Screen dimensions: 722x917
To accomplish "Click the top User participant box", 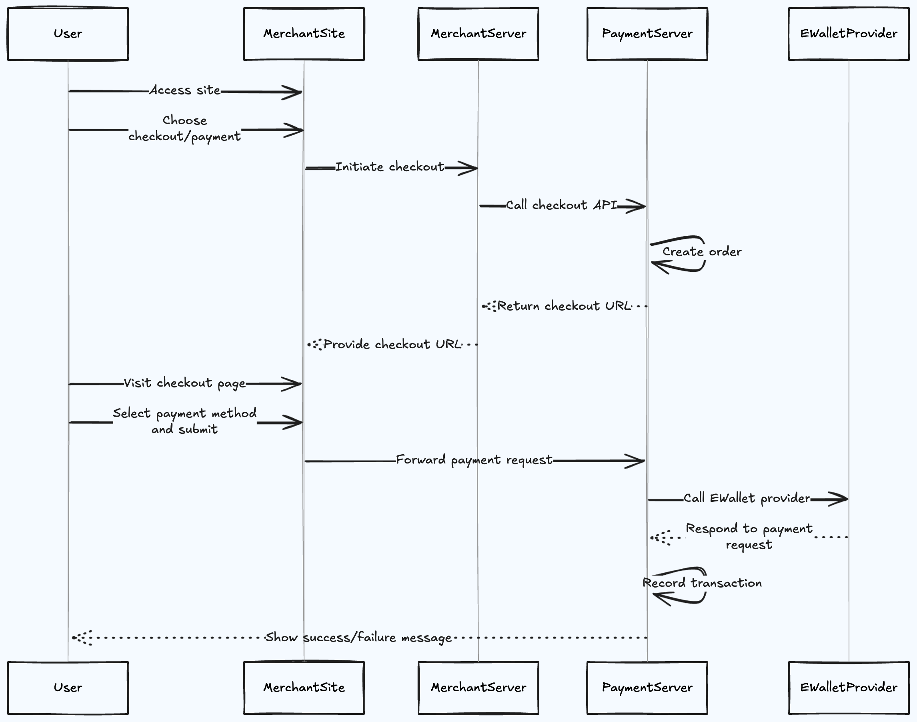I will point(68,34).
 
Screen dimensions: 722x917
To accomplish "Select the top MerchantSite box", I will point(304,34).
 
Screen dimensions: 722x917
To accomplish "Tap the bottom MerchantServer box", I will point(478,688).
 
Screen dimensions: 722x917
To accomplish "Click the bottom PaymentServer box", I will point(647,688).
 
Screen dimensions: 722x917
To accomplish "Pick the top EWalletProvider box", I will point(849,34).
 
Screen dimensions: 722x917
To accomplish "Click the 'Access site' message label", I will point(185,90).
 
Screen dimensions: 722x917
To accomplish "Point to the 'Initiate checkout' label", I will point(390,167).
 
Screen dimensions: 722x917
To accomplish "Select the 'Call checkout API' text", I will point(562,205).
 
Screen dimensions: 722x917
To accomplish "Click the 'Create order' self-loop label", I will point(701,252).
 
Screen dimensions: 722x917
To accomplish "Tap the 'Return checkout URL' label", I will point(564,306).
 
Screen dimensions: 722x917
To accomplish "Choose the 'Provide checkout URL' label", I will point(392,344).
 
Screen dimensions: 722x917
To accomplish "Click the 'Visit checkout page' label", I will point(185,383).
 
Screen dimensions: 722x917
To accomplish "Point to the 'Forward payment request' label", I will point(474,460).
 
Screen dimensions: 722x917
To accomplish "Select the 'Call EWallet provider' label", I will point(747,498).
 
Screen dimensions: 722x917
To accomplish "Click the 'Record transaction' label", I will point(702,583).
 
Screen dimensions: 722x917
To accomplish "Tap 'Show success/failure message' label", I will point(358,638).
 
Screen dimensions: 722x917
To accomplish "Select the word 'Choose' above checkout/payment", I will point(185,120).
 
